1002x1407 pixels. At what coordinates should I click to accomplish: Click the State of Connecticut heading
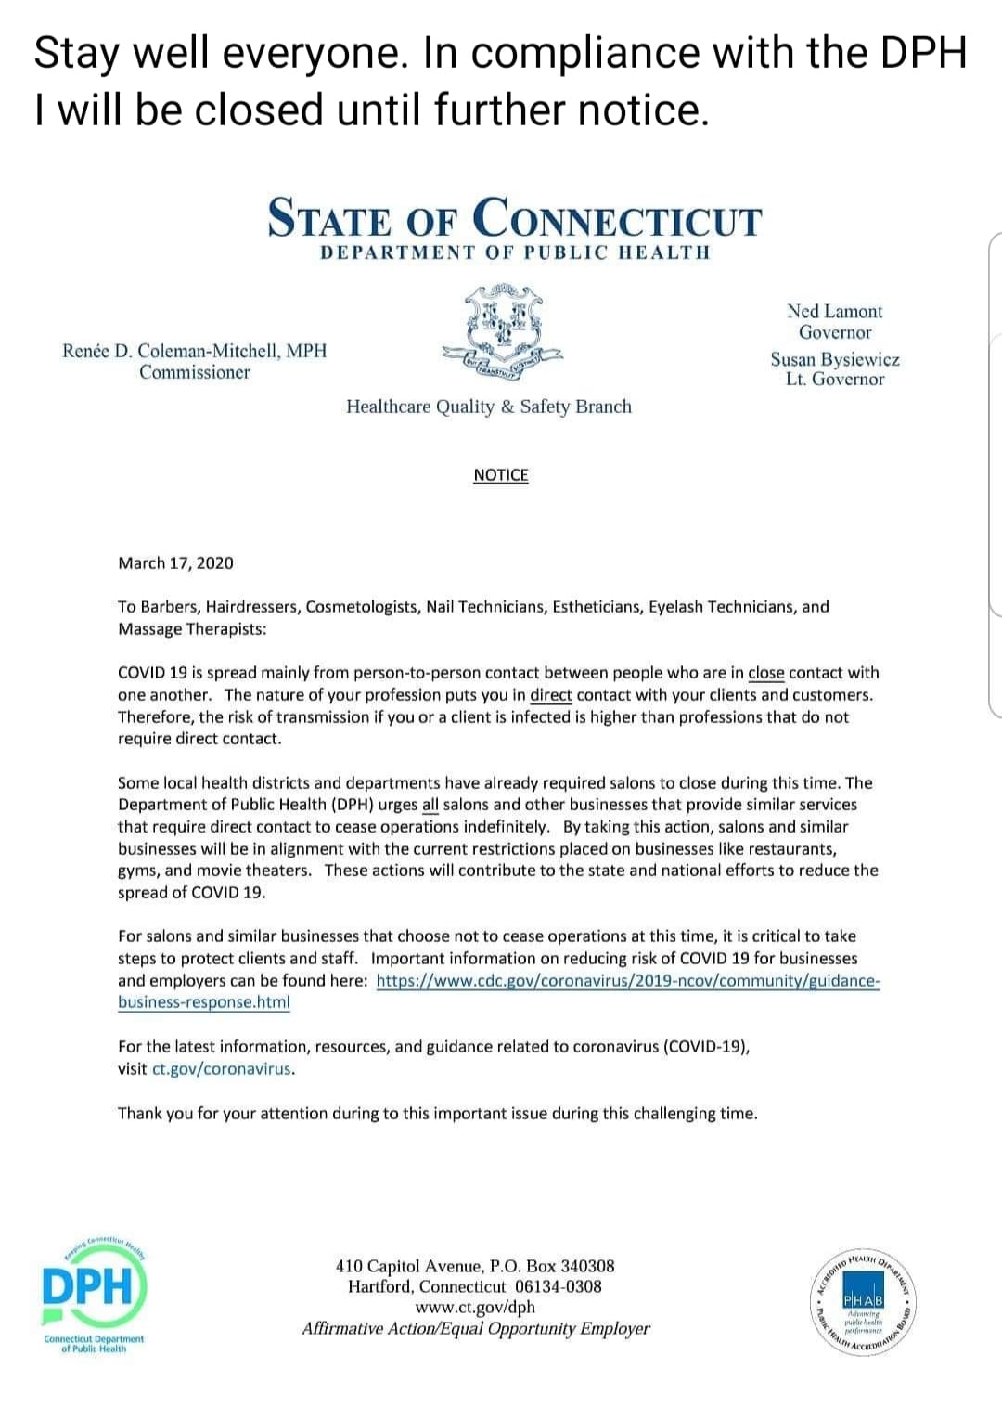(514, 218)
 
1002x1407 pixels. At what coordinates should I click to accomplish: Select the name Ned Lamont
(834, 311)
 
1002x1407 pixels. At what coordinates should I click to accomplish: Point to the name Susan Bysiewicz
(834, 359)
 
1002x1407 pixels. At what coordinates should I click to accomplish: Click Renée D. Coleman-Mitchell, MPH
(195, 351)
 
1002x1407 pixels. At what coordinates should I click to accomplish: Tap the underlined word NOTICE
(500, 475)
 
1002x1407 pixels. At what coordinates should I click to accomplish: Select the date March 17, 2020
(175, 562)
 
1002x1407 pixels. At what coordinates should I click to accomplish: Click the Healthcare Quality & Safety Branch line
(488, 407)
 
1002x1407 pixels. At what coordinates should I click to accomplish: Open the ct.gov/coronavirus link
(223, 1068)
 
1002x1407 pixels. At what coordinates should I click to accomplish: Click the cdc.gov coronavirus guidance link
(627, 981)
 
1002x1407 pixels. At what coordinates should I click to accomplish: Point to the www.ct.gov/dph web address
(475, 1307)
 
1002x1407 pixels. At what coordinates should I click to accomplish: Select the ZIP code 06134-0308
(558, 1286)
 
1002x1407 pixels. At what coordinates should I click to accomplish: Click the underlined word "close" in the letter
(765, 673)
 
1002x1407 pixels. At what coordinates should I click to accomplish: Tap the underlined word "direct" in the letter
(550, 695)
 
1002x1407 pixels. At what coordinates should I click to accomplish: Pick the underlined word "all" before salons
(430, 805)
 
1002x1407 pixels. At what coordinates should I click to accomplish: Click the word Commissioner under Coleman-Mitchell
(195, 372)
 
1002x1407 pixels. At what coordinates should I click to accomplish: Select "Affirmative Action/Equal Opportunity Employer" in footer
(475, 1328)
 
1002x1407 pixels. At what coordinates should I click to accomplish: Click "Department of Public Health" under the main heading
(514, 252)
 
